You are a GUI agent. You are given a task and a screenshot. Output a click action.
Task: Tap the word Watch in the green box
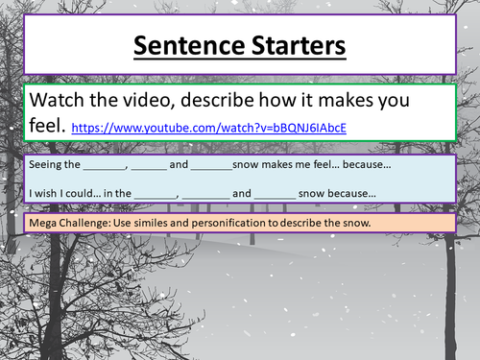(x=60, y=100)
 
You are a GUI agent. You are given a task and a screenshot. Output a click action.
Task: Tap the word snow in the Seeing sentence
(x=249, y=164)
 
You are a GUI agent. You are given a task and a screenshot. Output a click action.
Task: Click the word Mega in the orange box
(x=43, y=224)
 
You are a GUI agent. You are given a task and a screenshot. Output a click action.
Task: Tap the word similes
(x=163, y=224)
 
